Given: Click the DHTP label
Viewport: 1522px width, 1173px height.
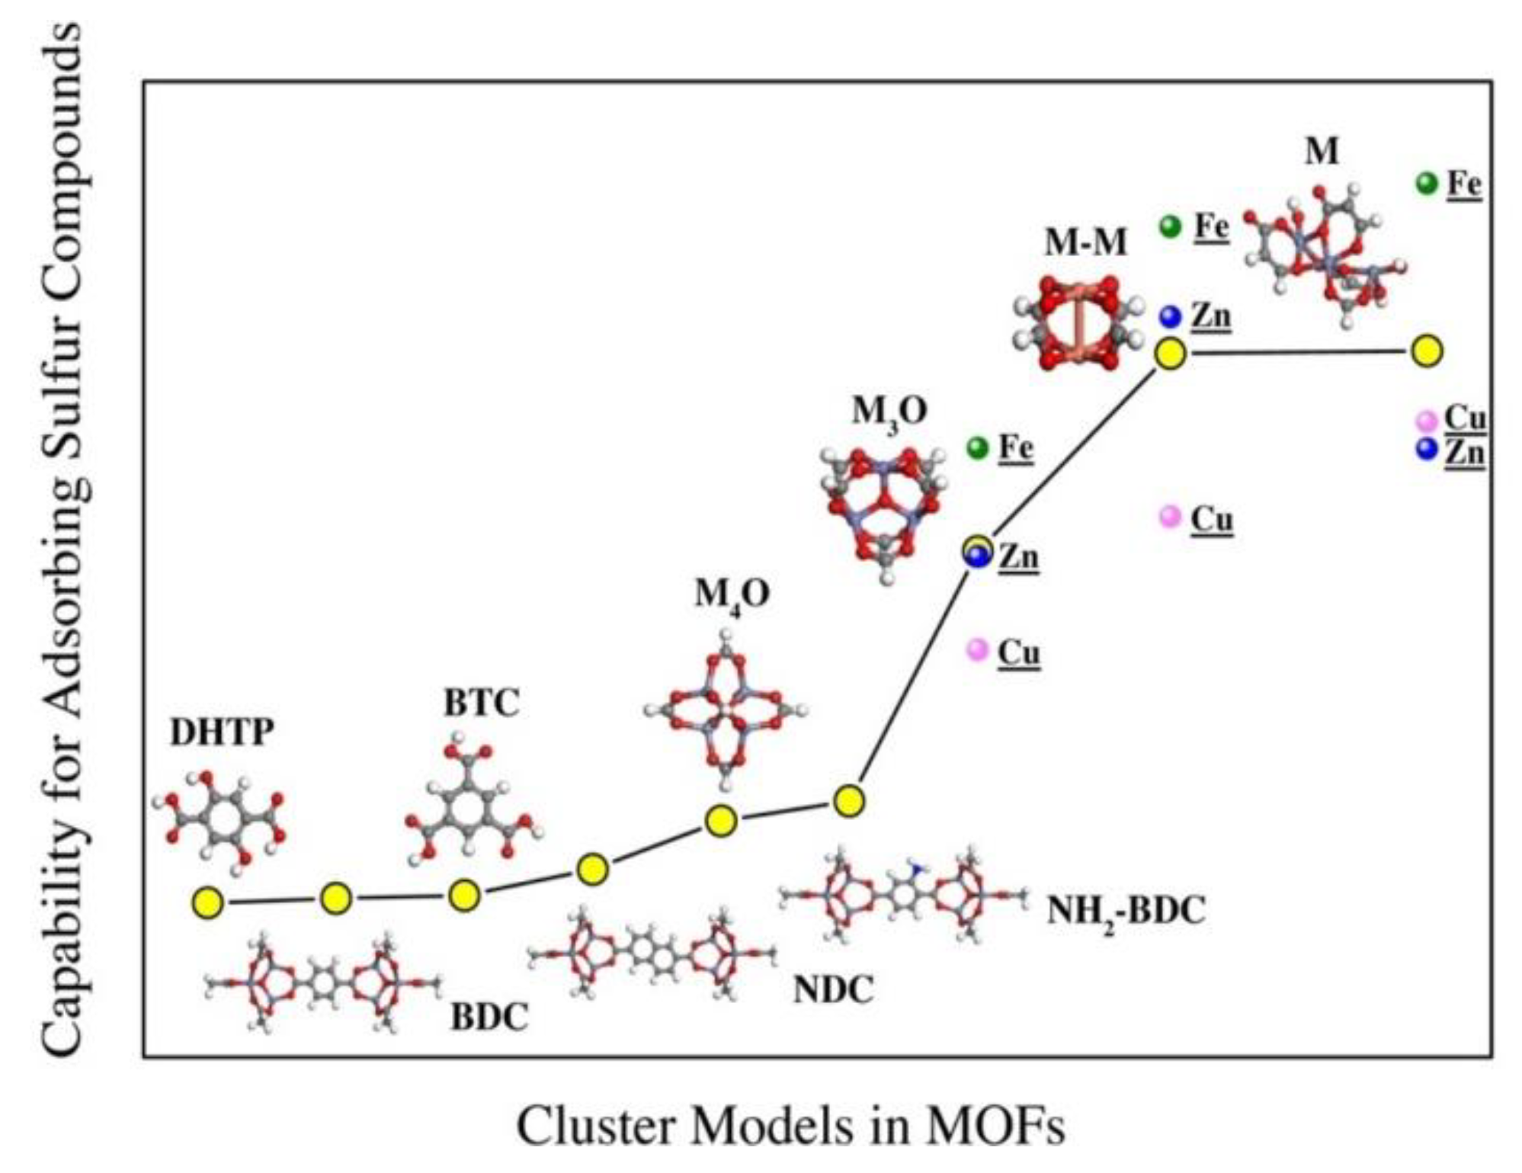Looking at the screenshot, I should click(x=221, y=732).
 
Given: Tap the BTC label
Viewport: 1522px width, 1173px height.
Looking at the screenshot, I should click(x=481, y=702).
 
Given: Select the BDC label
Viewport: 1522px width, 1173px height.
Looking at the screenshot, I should click(x=489, y=1017).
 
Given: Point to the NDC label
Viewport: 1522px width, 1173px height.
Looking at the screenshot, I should click(x=832, y=990).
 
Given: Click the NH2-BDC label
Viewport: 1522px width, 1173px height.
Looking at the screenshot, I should click(x=1126, y=911).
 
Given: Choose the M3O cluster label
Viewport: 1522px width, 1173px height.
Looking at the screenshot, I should click(x=889, y=412).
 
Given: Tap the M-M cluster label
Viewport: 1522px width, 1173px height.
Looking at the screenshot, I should click(x=1085, y=242).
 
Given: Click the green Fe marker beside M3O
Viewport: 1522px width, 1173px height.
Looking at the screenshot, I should click(x=977, y=447).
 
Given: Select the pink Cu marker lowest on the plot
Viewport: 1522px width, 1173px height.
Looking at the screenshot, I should click(x=976, y=650).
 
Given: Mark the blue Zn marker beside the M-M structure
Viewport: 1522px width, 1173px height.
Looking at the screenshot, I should click(x=1170, y=316).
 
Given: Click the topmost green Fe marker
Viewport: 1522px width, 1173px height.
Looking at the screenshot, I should click(x=1426, y=183).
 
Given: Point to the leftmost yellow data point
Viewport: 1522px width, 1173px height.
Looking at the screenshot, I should click(x=207, y=902).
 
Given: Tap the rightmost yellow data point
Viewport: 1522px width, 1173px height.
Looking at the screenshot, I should click(x=1427, y=351).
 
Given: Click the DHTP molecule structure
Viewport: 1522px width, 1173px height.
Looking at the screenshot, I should click(x=219, y=822).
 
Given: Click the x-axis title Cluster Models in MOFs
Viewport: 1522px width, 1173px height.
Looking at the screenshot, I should click(x=790, y=1125).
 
